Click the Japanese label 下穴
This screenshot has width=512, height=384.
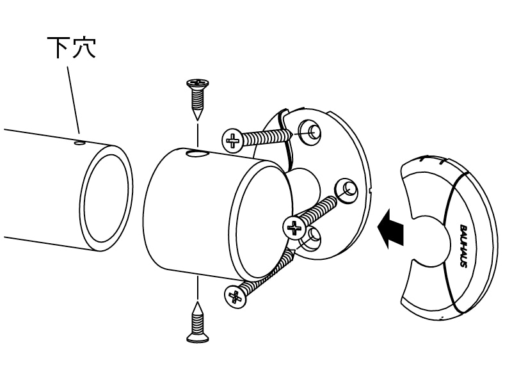click(72, 47)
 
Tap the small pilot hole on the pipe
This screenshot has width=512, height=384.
click(79, 143)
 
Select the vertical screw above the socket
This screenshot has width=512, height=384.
click(198, 100)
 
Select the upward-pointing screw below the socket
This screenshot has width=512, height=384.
click(198, 323)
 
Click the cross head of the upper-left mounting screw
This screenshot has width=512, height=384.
click(232, 140)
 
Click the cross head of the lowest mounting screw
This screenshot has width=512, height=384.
click(235, 296)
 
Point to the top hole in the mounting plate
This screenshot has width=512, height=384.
click(309, 132)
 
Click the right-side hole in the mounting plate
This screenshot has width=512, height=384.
click(346, 190)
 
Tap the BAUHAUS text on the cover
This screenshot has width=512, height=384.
click(463, 246)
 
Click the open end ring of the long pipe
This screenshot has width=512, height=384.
click(106, 198)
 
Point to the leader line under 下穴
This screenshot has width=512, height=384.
click(74, 100)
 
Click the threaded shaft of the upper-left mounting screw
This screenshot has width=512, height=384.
click(267, 137)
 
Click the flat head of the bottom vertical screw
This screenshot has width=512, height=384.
click(198, 339)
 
